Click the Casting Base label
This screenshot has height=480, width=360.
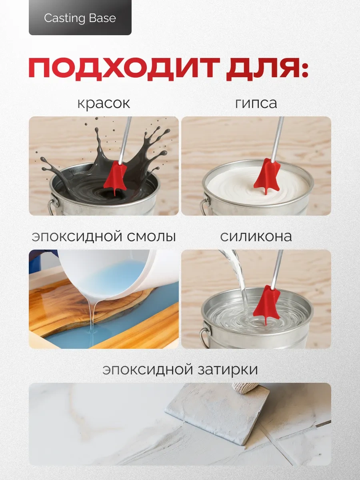[80, 18]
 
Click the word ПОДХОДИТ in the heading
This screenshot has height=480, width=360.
[124, 67]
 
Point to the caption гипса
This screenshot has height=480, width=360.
[256, 103]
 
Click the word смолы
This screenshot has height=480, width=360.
[151, 237]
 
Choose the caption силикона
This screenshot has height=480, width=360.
[256, 236]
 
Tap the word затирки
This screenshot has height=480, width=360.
[228, 370]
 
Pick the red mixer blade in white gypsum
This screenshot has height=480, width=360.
[267, 176]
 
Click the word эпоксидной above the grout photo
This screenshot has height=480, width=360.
[148, 370]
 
